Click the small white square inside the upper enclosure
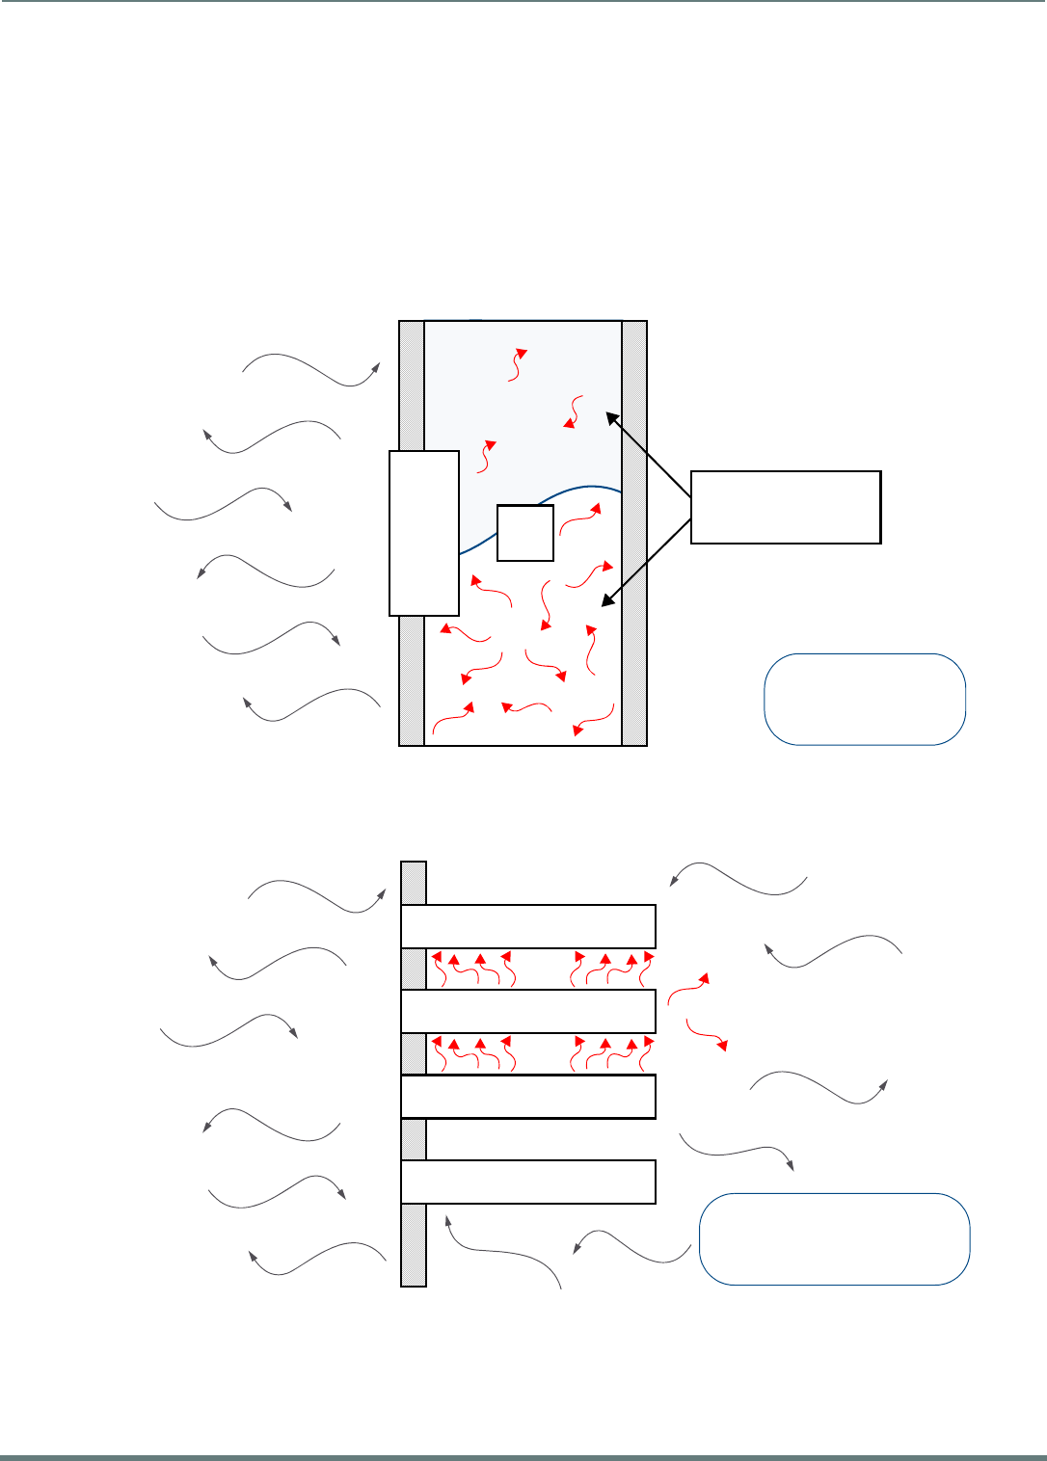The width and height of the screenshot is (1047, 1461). tap(525, 532)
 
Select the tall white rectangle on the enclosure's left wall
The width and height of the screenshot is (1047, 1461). tap(423, 532)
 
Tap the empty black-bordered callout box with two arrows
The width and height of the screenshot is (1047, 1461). tap(786, 507)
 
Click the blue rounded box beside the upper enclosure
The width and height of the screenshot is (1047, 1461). tap(865, 699)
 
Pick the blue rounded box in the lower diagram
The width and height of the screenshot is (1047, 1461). tap(834, 1238)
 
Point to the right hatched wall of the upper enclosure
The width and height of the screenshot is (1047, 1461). tap(634, 533)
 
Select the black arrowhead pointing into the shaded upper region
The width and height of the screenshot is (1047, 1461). tap(610, 416)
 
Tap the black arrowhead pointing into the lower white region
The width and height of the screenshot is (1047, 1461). tap(606, 601)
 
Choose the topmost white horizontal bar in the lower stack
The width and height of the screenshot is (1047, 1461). tap(528, 926)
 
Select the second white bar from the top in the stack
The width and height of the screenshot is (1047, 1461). tap(528, 1011)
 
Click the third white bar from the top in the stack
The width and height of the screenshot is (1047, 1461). tap(528, 1097)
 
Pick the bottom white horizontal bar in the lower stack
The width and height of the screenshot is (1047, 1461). tap(528, 1182)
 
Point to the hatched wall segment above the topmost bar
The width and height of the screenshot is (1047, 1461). tap(414, 882)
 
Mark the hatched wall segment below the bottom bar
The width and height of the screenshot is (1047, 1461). tap(414, 1245)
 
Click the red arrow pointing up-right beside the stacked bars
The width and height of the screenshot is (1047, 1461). tap(689, 988)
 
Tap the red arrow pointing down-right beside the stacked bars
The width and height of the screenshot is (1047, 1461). tap(706, 1033)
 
